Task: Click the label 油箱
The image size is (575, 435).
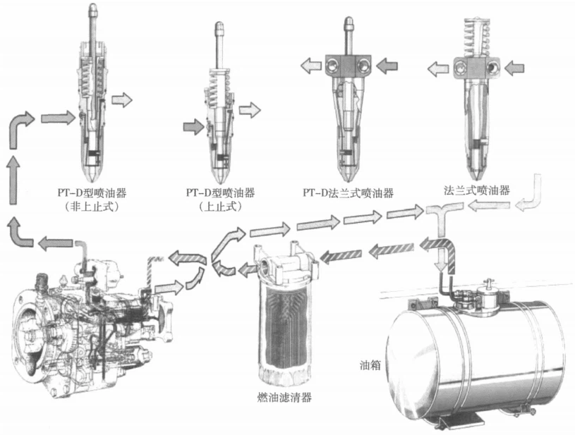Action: point(370,365)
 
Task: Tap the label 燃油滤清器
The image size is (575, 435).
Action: point(285,397)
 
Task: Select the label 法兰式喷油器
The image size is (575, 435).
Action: point(477,190)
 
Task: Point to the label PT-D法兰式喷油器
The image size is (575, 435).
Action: point(348,192)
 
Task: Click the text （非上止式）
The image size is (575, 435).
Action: point(92,207)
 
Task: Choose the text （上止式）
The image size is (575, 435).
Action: point(221,207)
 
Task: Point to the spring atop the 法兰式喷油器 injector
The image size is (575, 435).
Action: point(476,37)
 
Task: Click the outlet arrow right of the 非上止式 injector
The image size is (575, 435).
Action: point(122,99)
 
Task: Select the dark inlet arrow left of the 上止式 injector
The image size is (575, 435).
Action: point(193,127)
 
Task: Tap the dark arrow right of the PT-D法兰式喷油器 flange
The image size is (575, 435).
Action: point(387,66)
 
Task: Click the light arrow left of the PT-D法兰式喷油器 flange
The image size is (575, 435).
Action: point(311,66)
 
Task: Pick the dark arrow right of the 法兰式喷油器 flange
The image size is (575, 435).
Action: point(514,68)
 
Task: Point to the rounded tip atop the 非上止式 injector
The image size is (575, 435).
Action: point(93,7)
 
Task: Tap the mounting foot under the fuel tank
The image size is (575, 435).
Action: point(460,422)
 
